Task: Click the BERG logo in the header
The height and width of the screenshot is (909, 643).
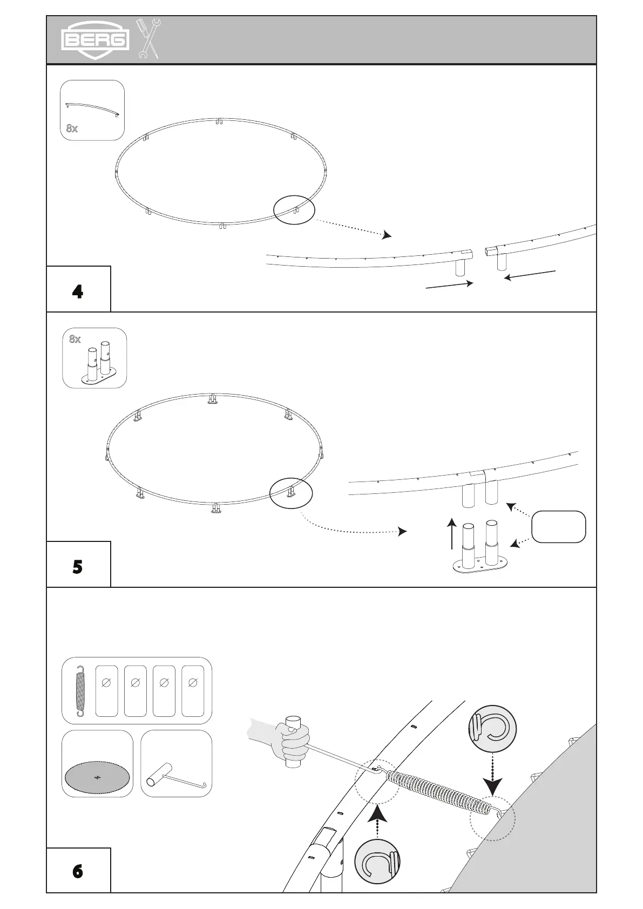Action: [x=95, y=39]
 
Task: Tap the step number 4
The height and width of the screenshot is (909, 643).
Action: [x=78, y=292]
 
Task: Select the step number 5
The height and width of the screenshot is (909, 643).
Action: [x=78, y=567]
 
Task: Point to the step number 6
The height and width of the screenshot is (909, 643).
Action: [x=78, y=872]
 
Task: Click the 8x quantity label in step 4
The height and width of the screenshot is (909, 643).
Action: [x=72, y=128]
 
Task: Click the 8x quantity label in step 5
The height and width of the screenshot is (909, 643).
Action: [x=75, y=339]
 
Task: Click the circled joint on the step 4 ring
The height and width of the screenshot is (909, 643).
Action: [x=294, y=209]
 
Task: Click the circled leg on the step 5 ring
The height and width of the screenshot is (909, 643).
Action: [x=291, y=493]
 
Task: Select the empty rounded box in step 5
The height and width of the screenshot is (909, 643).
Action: [x=558, y=526]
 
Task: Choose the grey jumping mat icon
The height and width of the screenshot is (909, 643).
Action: [x=97, y=777]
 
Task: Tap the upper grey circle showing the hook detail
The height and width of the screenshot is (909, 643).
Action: [x=492, y=728]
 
